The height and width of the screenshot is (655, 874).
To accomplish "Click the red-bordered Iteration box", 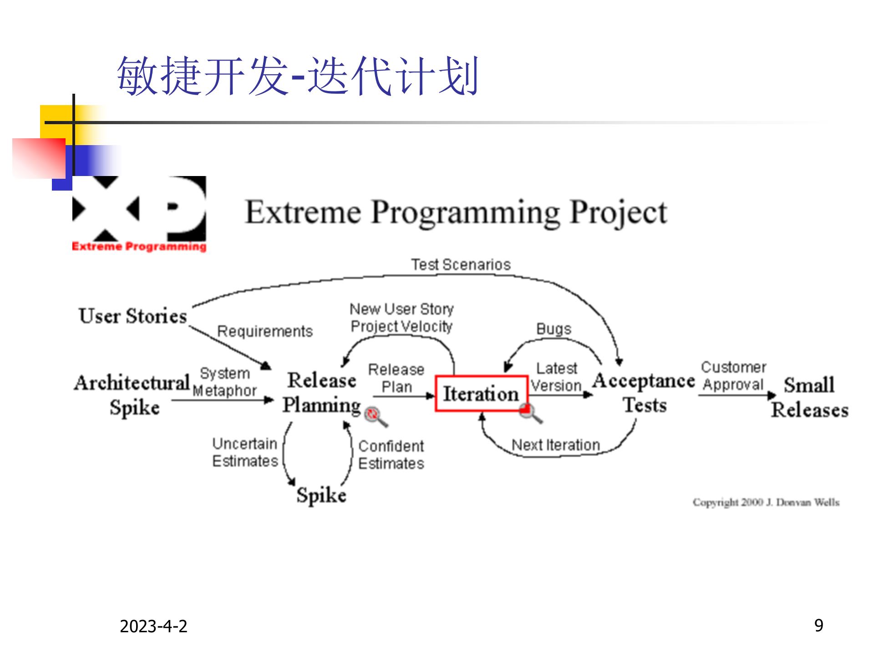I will coord(481,394).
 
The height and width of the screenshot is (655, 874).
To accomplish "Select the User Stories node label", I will coord(132,316).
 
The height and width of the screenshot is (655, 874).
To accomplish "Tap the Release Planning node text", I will coord(321,393).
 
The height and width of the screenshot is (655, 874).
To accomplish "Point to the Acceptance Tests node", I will coord(644,393).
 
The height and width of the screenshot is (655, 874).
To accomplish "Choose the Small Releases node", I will coord(809,397).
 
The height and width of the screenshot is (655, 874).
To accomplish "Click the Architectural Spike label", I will coord(132,394).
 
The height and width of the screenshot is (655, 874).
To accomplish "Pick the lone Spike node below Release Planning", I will coord(321,495).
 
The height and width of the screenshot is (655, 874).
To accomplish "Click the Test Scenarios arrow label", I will coord(461,265).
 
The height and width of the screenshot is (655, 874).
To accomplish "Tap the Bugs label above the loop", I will coord(554,329).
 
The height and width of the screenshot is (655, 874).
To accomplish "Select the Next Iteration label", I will coord(556,445).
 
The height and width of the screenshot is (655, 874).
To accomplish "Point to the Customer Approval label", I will coord(733,376).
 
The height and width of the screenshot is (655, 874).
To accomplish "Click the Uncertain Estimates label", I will coord(245,452).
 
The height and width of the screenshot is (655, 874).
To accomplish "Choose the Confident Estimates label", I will coord(391,455).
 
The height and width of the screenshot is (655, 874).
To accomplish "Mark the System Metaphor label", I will coord(225,382).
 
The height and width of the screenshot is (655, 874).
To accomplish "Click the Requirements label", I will coord(265,331).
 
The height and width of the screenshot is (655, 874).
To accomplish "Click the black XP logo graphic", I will coord(139,209).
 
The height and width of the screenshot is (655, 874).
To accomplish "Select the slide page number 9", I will coord(818,625).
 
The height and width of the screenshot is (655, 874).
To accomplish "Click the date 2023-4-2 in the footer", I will coord(153,626).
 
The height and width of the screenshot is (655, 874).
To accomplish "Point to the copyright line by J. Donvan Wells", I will coord(766,502).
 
